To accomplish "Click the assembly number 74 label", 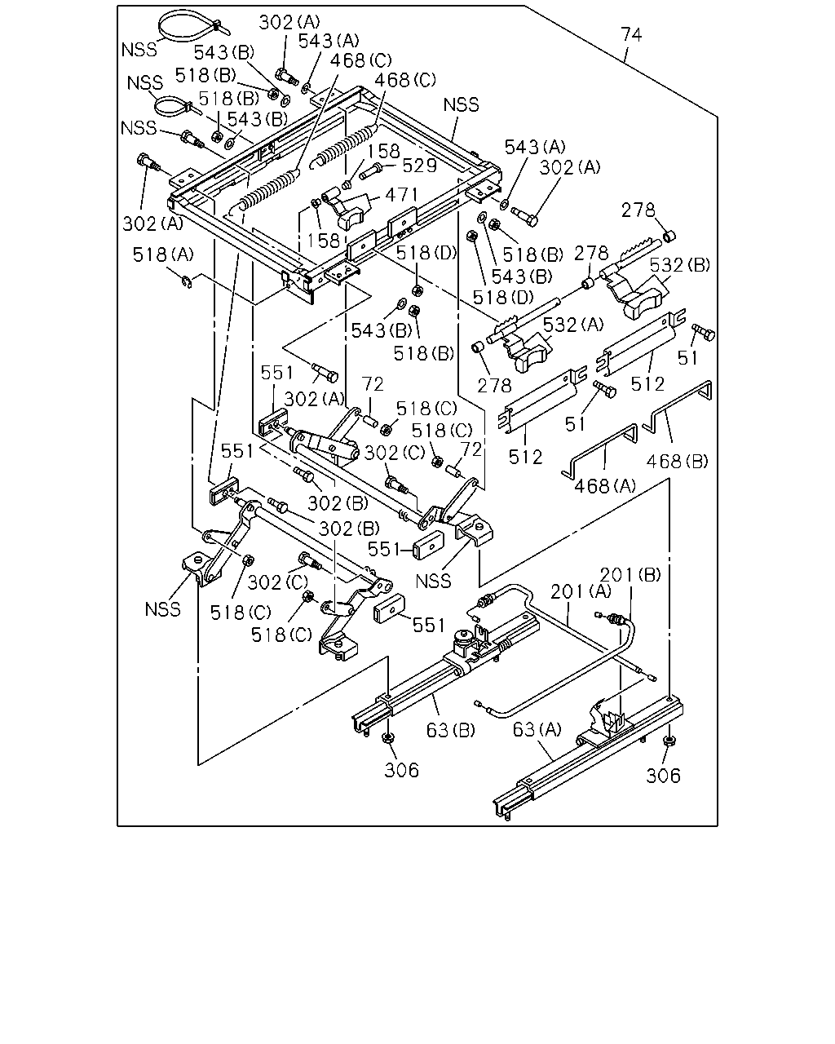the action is [631, 35].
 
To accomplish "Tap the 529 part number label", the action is [420, 166].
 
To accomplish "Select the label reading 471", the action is [401, 195].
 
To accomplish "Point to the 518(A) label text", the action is [163, 254].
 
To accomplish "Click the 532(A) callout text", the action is [572, 325].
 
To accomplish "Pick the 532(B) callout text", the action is [679, 265].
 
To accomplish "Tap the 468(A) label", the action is [604, 485].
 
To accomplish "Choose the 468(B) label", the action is [677, 461].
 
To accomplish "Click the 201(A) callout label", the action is [581, 591].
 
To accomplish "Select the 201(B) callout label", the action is [630, 575].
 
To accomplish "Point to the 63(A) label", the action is [537, 729].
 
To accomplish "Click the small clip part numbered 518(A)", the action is [188, 281].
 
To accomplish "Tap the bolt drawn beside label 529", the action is [371, 170].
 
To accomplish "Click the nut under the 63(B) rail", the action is [387, 738].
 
